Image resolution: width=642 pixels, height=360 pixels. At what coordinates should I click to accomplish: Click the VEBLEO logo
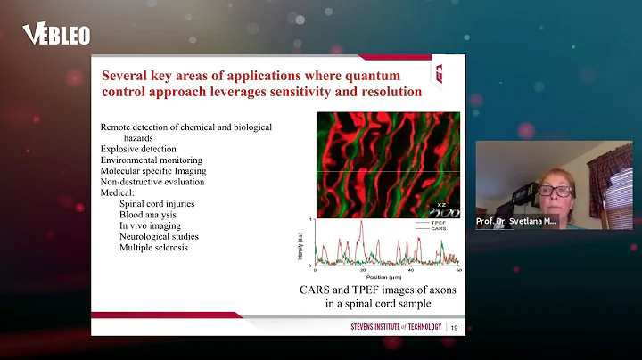[x=55, y=35]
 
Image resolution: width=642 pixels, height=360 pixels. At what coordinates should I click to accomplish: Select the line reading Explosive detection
[x=138, y=149]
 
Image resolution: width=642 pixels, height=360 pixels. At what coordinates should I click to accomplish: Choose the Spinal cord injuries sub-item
[x=158, y=204]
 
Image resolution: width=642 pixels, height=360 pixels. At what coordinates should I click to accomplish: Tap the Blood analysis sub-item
[x=148, y=215]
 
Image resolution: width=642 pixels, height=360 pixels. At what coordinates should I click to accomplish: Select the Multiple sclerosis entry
[x=154, y=247]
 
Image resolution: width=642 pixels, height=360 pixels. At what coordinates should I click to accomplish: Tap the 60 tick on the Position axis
[x=459, y=269]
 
